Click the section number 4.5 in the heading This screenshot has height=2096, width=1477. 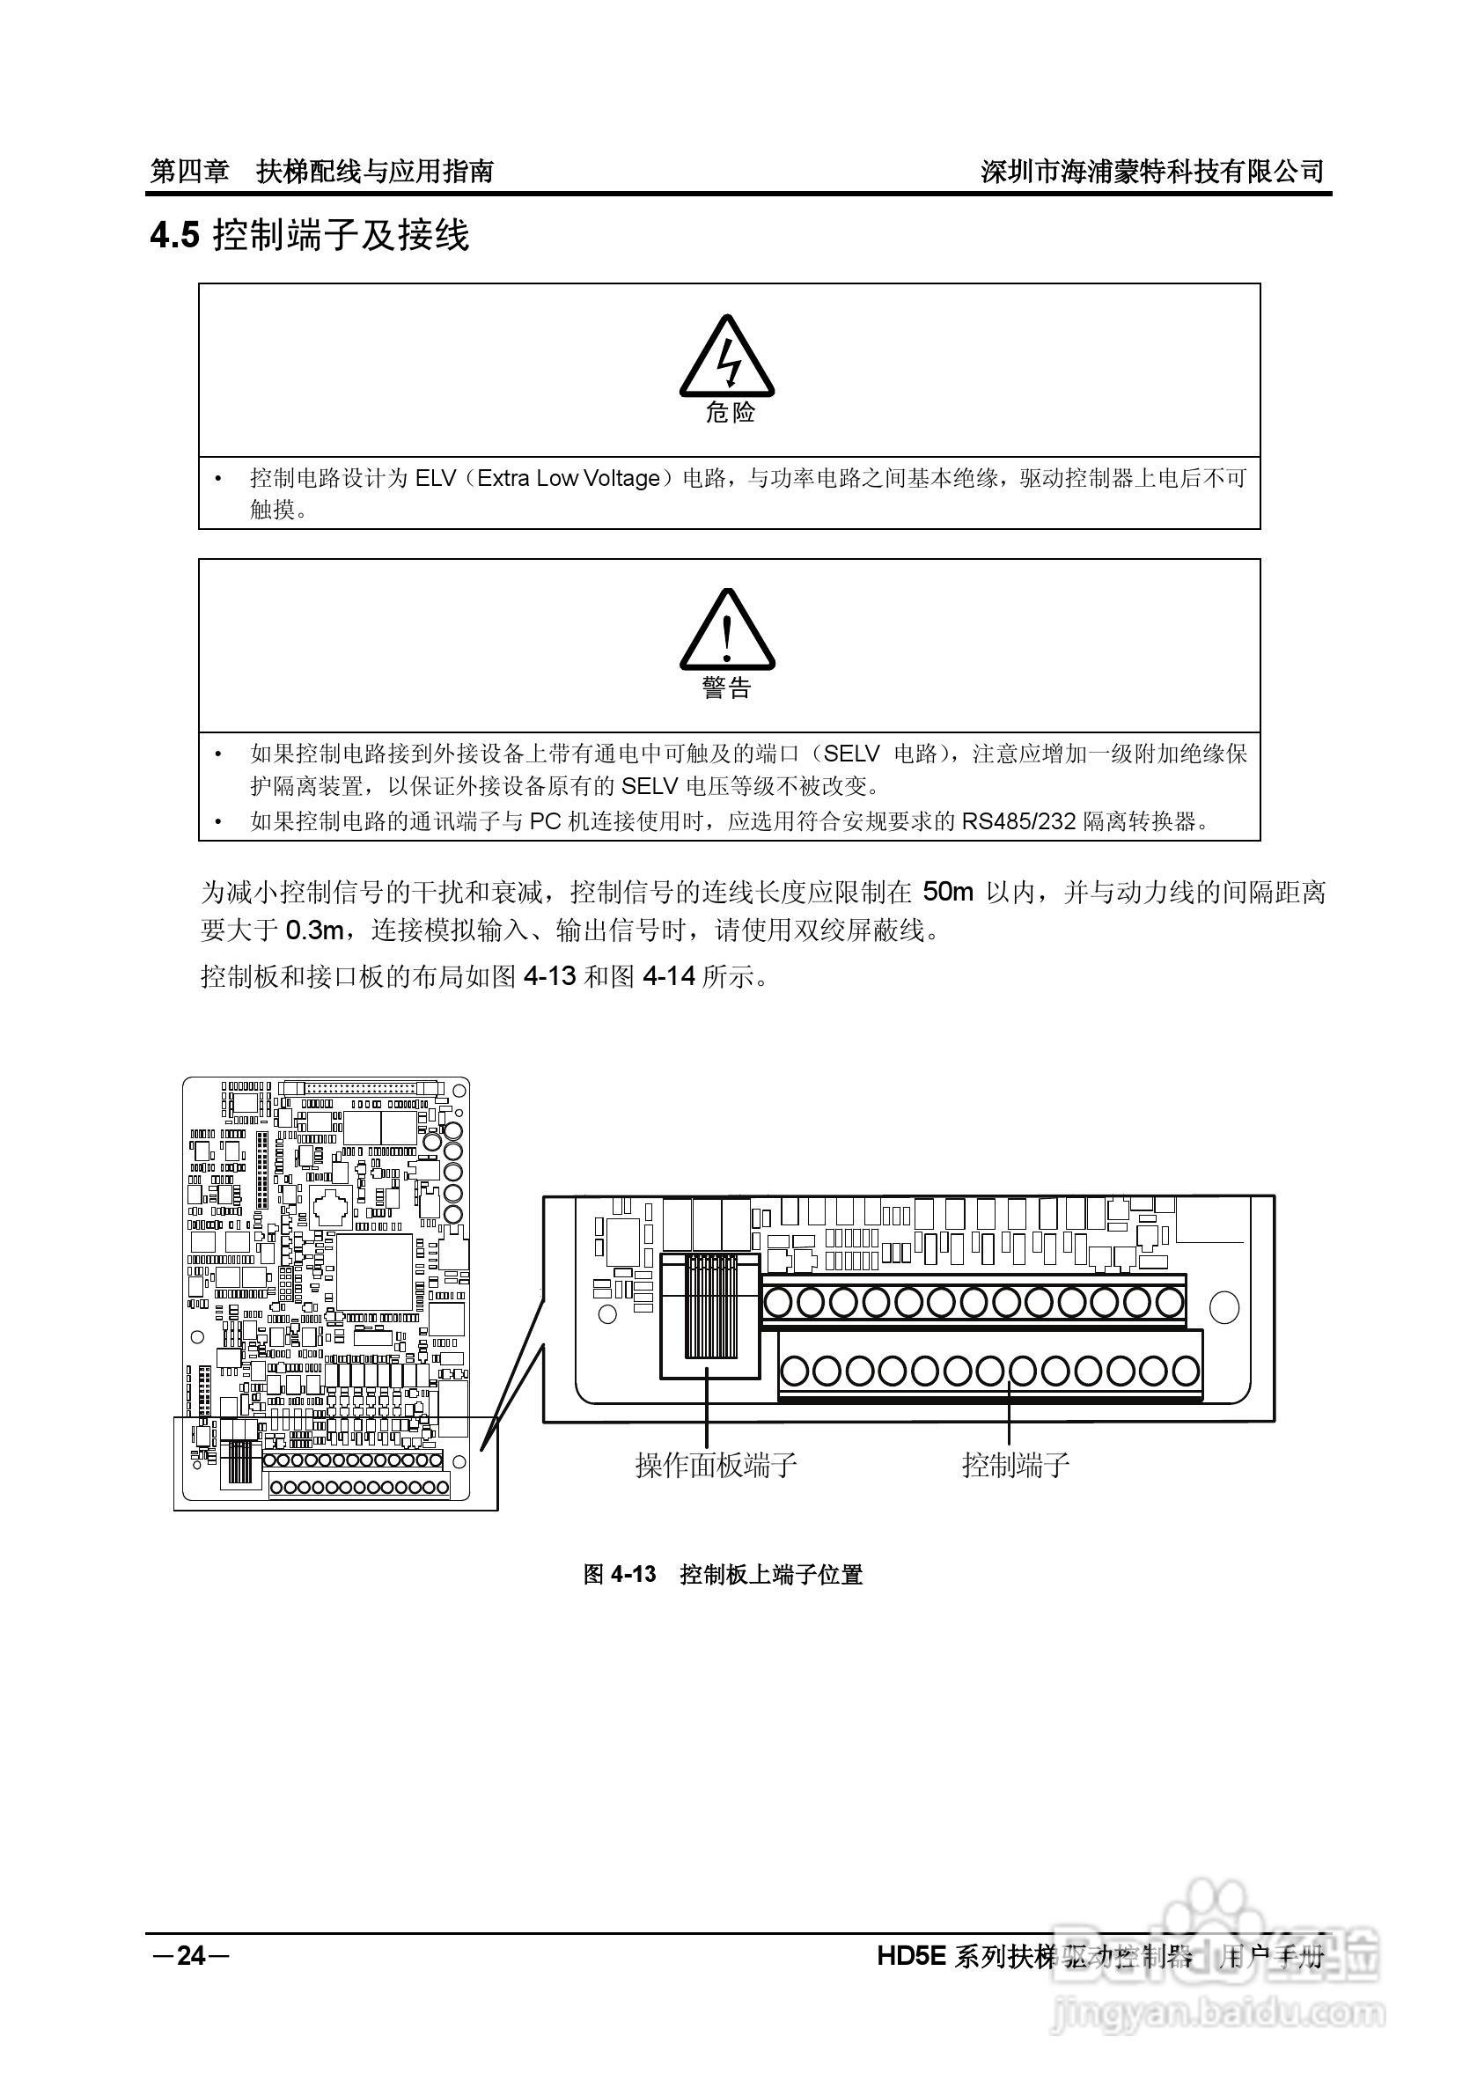point(173,237)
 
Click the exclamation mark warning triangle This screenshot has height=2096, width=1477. point(727,632)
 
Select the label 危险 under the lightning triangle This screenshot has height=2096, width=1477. point(731,413)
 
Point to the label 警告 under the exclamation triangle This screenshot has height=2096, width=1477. point(727,688)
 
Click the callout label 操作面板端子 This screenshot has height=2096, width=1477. point(716,1465)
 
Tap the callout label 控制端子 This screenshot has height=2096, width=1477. point(1015,1465)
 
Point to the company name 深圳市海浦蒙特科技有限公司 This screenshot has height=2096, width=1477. point(1152,171)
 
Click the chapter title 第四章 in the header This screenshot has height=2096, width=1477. point(189,171)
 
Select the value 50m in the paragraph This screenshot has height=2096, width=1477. point(949,891)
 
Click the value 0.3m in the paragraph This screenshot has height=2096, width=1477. point(315,930)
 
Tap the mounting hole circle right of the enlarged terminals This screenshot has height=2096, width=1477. point(1223,1308)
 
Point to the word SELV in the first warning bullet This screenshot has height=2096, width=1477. point(851,754)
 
